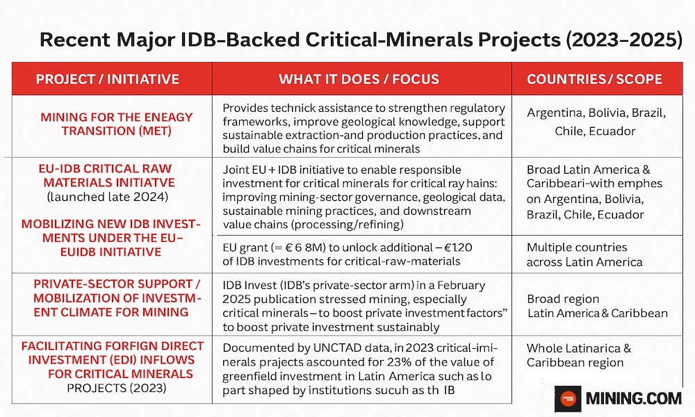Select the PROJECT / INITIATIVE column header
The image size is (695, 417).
[107, 79]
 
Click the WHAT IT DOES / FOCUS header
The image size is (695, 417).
[359, 79]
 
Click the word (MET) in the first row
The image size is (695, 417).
[154, 131]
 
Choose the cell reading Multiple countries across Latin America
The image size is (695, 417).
[584, 254]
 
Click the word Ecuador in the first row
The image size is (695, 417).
[613, 130]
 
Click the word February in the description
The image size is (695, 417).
[458, 286]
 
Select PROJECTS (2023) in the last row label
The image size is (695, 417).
[117, 388]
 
